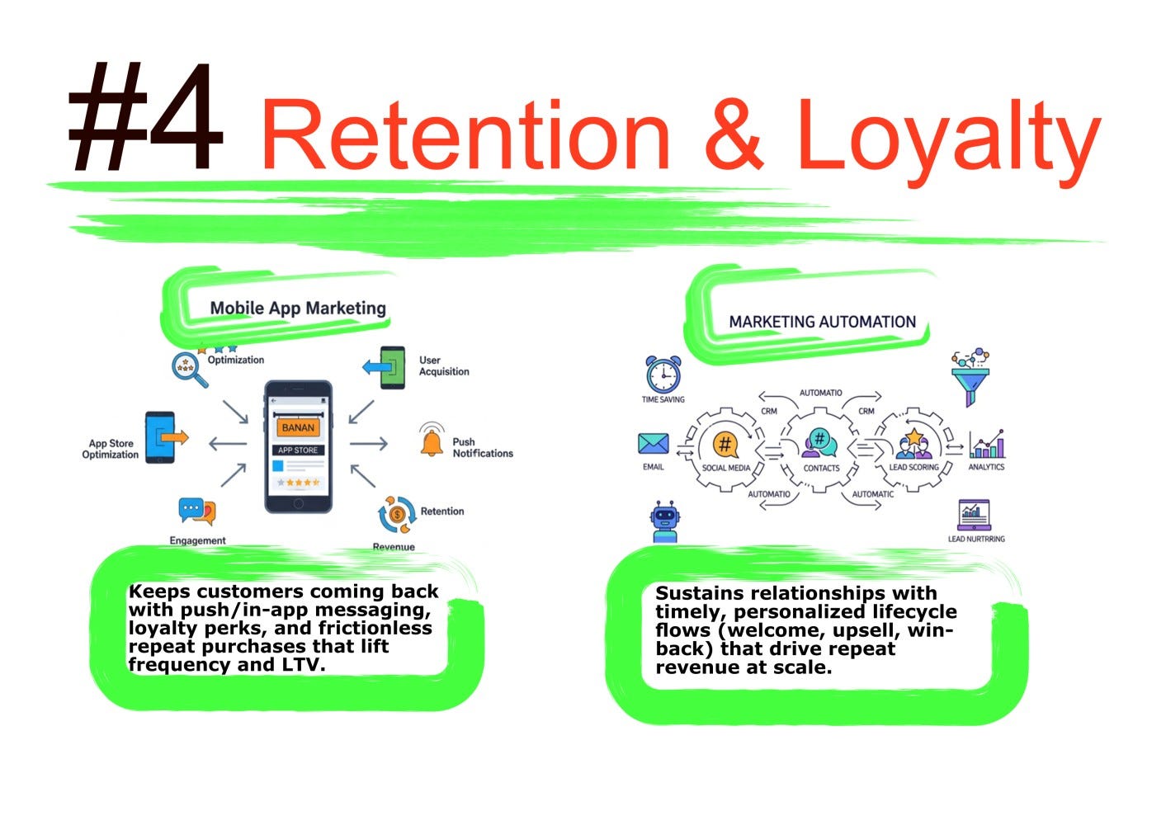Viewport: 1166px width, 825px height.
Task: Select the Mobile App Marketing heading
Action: tap(298, 309)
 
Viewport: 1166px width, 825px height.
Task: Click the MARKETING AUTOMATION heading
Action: tap(822, 322)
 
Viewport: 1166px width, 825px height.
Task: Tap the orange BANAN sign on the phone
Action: tap(298, 427)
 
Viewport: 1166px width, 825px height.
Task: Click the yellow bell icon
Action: tap(431, 442)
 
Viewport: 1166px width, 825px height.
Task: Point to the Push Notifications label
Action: tap(482, 448)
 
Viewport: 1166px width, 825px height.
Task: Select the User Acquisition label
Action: tap(443, 365)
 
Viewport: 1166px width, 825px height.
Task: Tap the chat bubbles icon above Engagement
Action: tap(197, 511)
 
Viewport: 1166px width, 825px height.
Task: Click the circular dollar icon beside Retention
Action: tap(397, 515)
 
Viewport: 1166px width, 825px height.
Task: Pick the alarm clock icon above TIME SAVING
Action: tap(663, 375)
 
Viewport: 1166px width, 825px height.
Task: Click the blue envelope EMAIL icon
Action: tap(653, 444)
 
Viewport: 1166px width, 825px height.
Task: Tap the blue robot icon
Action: tap(664, 521)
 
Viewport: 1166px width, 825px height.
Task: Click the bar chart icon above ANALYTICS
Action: tap(987, 445)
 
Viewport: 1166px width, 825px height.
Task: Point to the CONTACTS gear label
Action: tap(821, 468)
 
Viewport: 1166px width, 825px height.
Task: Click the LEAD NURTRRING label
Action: tap(976, 539)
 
